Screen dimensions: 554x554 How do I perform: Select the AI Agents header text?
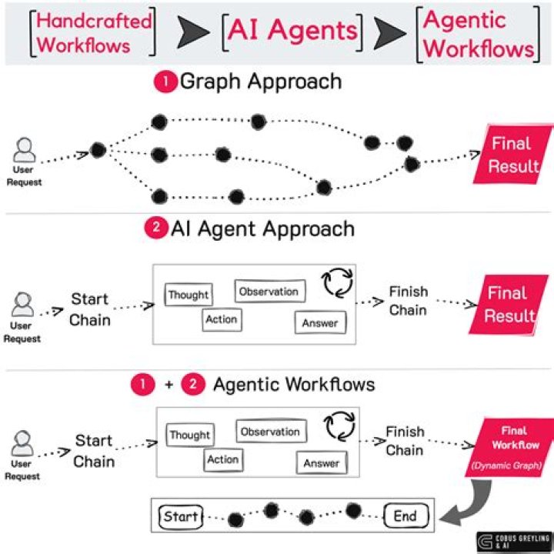(x=291, y=31)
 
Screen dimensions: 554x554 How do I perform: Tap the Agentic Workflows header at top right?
(x=478, y=34)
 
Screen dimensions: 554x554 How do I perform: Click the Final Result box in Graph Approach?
(x=511, y=154)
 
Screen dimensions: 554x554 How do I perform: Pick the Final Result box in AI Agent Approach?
(x=509, y=304)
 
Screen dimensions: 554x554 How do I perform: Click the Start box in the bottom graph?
(x=181, y=516)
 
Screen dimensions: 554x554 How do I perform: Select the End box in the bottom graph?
(x=405, y=516)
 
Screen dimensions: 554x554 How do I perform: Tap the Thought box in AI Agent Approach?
(x=189, y=295)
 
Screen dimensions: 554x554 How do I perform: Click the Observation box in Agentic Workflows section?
(x=269, y=432)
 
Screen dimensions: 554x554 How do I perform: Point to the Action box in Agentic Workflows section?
(x=222, y=460)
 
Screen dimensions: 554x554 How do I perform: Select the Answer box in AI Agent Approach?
(x=320, y=322)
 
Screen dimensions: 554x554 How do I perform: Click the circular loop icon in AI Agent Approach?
(x=337, y=282)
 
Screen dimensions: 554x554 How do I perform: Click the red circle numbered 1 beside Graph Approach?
(x=165, y=82)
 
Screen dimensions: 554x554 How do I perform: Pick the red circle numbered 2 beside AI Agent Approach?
(x=155, y=229)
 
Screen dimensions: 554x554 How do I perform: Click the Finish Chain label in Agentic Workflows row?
(x=405, y=441)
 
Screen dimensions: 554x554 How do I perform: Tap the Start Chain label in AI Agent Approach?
(x=91, y=309)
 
